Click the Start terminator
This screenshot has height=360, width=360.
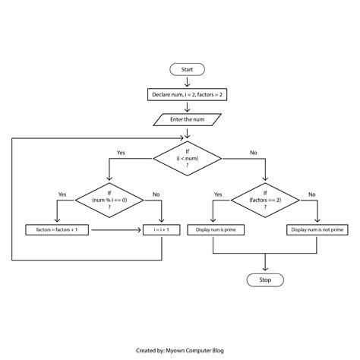(187, 70)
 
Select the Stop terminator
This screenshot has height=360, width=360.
(265, 279)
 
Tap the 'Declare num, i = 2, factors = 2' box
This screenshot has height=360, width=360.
(187, 95)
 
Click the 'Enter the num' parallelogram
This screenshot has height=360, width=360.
(187, 119)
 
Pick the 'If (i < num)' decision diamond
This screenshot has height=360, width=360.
(188, 159)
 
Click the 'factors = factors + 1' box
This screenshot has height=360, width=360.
(57, 229)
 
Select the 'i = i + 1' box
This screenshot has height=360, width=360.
(159, 229)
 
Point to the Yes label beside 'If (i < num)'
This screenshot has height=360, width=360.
(122, 153)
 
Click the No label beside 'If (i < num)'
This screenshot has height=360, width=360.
(253, 153)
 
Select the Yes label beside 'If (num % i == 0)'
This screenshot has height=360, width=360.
(62, 194)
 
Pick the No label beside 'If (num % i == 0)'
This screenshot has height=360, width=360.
(156, 194)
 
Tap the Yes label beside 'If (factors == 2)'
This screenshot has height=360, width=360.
(218, 194)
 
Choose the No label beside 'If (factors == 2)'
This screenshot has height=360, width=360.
(311, 194)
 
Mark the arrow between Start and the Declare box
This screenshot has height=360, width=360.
(187, 82)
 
